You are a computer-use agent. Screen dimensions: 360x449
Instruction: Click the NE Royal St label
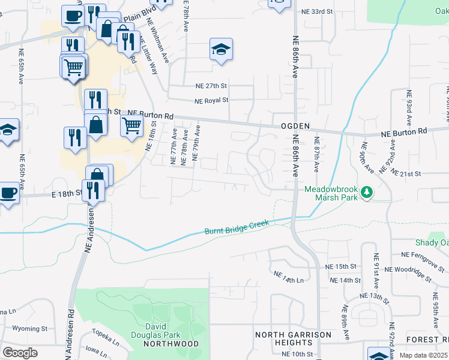[x=211, y=101]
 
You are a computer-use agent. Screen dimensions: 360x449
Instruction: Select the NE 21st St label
[x=406, y=173]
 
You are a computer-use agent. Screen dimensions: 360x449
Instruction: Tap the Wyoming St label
[x=29, y=329]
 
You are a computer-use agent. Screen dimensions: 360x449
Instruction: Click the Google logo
[x=20, y=353]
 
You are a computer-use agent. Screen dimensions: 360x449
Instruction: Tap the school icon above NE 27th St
[x=221, y=50]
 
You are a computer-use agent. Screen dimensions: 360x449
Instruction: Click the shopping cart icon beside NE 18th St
[x=131, y=127]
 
